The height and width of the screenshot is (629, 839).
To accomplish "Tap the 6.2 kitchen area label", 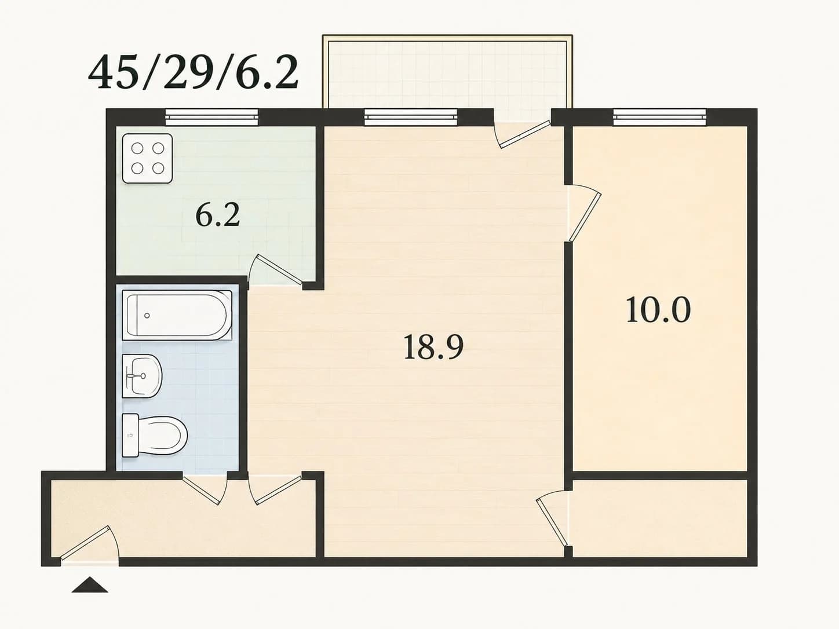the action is (217, 215).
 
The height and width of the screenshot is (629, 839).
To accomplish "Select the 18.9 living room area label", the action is (433, 346).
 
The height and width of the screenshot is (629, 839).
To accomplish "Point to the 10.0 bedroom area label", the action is (659, 310).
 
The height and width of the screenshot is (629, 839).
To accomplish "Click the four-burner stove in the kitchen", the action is (147, 158).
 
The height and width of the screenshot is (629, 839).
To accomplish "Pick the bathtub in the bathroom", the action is (177, 315).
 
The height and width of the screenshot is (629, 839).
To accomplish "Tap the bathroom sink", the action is (142, 376).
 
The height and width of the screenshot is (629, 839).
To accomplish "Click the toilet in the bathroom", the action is (155, 435).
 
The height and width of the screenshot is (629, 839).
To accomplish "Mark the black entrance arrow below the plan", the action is (90, 585).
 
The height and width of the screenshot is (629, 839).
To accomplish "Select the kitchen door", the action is (276, 270).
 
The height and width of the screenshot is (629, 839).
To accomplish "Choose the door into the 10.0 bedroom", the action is (585, 214).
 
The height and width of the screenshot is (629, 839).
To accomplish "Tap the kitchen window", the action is (211, 117).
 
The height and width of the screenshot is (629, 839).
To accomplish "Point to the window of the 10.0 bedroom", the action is (660, 117).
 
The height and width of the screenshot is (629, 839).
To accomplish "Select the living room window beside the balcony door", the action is (411, 117).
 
